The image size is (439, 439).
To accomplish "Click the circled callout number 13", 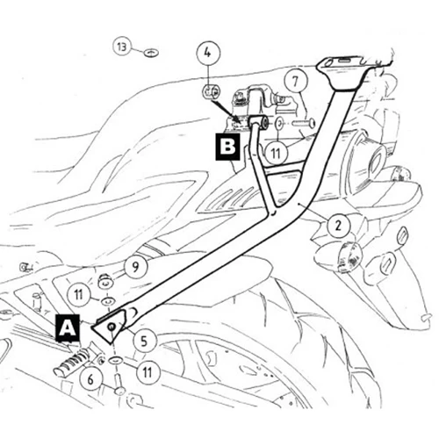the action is tap(122, 47).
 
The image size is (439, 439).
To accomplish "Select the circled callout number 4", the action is tap(207, 54).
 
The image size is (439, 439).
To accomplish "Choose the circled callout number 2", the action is tap(339, 226).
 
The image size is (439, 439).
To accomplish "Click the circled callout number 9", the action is tap(135, 267).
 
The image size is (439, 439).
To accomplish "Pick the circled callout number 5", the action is tap(144, 341).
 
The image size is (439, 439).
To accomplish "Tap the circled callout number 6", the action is tap(91, 379).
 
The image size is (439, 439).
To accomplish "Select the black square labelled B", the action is tap(227, 147).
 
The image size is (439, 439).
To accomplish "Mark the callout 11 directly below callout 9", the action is tap(78, 295).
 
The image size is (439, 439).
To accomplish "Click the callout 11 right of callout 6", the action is tap(148, 372).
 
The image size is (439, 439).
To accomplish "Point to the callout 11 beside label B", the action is tap(276, 153).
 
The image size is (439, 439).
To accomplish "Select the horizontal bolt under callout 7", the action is tap(303, 123).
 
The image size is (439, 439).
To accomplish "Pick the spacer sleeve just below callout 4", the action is tap(210, 91).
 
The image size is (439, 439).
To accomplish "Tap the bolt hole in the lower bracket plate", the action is tap(112, 327).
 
